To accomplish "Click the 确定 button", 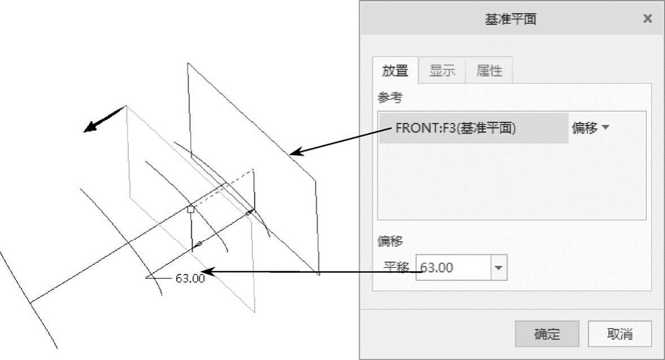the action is (547, 334).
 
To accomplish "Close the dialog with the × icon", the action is (647, 19).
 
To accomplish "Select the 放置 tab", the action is (395, 71).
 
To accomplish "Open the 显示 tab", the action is (442, 71).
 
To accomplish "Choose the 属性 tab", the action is (489, 71).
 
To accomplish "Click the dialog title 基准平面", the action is (511, 19).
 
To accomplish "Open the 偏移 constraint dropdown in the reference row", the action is (591, 128).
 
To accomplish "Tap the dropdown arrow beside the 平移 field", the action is (498, 268).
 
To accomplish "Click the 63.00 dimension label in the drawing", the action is (190, 278).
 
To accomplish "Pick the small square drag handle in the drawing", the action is (191, 209).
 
